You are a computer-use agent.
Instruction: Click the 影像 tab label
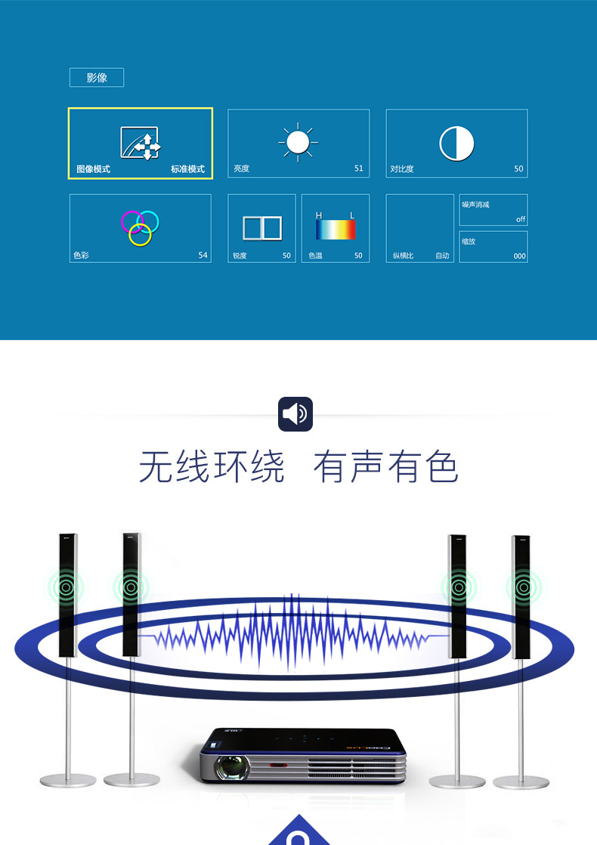(x=97, y=78)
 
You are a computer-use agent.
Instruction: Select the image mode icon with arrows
(x=141, y=143)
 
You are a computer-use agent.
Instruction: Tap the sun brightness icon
(x=298, y=142)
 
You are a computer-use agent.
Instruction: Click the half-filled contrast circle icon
(x=456, y=143)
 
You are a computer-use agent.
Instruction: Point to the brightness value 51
(x=358, y=169)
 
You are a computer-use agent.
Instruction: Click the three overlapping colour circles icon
(x=141, y=227)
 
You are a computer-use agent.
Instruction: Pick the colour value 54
(x=203, y=255)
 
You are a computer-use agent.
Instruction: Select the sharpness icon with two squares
(x=261, y=228)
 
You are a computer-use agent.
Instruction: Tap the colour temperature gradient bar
(x=336, y=230)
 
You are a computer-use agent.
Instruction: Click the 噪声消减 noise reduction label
(x=476, y=205)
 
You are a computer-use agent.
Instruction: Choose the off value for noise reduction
(x=520, y=219)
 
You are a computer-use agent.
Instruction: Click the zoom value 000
(x=519, y=256)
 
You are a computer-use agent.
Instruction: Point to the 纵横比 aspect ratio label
(x=403, y=256)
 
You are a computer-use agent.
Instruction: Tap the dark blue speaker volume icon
(x=295, y=413)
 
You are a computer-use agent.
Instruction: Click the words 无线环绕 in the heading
(x=212, y=466)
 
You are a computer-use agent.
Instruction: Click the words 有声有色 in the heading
(x=385, y=466)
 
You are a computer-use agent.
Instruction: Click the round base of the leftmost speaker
(x=68, y=780)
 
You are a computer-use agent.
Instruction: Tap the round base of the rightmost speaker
(x=521, y=780)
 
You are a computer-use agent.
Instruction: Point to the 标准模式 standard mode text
(x=187, y=169)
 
